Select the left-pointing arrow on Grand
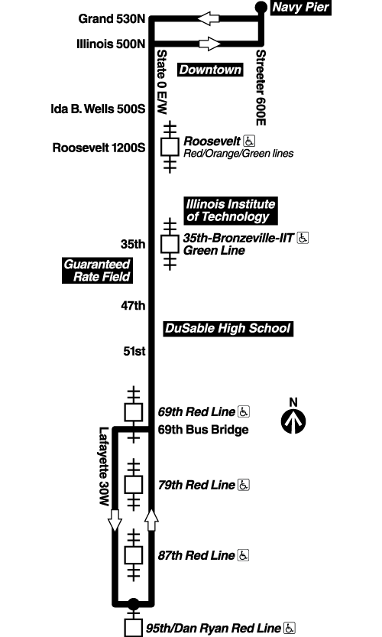coord(209,18)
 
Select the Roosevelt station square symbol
coord(170,145)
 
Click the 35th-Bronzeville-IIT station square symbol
coord(170,244)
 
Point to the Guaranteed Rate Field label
coord(97,270)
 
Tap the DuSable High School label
coord(228,329)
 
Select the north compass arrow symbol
coord(293,420)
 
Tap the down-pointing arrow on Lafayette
coord(115,521)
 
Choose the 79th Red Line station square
coord(134,484)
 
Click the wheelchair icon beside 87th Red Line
coord(244,554)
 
